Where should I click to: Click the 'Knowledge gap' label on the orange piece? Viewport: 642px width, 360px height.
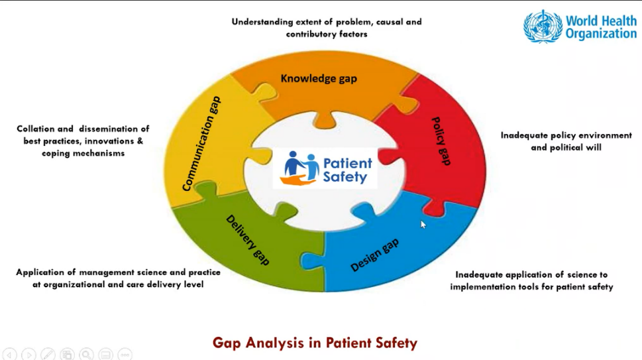(319, 78)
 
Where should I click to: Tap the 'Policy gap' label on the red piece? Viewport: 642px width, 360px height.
(441, 141)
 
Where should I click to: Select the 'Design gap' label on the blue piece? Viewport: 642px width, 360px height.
(374, 255)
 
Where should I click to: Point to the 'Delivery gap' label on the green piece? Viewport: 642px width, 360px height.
(248, 239)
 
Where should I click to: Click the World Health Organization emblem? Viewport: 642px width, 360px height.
(543, 27)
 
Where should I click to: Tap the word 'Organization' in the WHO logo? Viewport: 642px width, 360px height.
(600, 34)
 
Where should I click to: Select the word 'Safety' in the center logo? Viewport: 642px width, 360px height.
(345, 177)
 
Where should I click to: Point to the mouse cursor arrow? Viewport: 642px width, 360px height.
(423, 223)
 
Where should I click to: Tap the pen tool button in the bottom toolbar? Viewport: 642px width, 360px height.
(48, 355)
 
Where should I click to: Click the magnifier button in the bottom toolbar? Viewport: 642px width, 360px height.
(87, 355)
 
